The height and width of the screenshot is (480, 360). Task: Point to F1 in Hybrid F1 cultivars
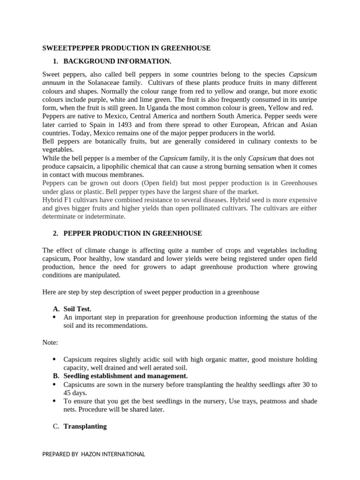coord(68,200)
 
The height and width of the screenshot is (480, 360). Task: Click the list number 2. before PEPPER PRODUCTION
coord(56,233)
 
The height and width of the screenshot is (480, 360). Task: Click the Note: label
coord(50,343)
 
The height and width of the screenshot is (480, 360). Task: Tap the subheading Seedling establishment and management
coord(125,376)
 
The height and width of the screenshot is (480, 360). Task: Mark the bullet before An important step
coord(55,317)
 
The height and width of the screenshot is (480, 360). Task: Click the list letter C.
coord(56,426)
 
